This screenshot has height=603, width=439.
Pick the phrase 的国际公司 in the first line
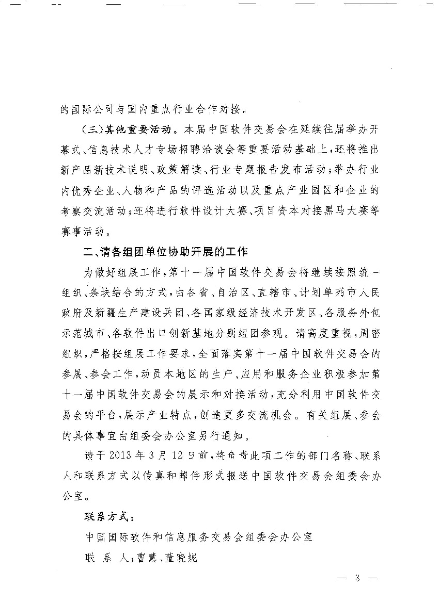click(83, 109)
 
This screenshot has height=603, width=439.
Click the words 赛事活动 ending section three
click(83, 231)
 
